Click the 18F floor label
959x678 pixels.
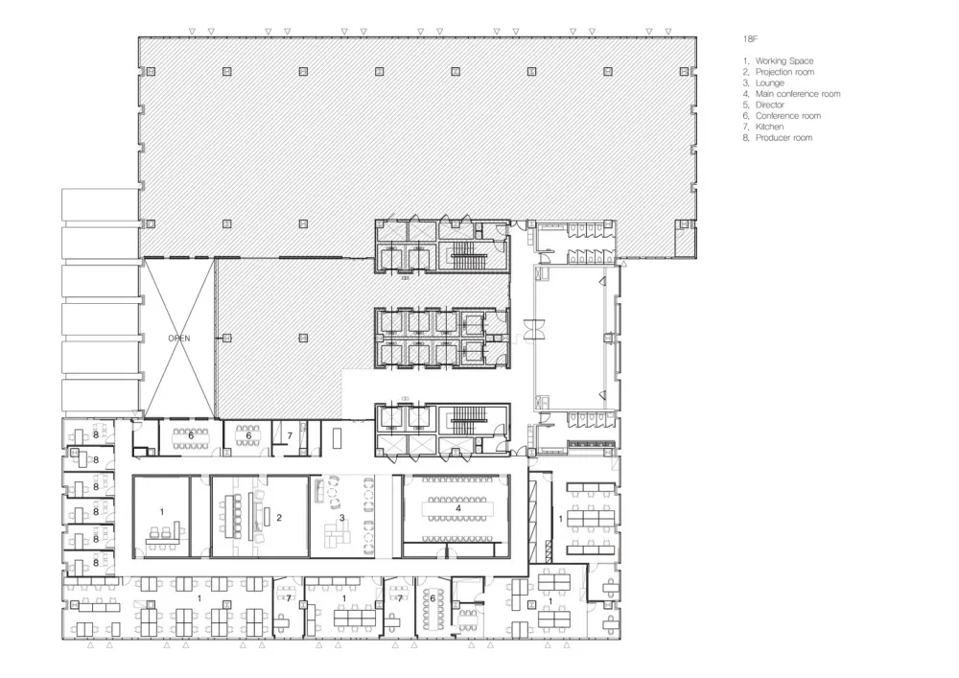750,39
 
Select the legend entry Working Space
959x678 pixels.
778,61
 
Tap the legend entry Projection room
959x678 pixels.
779,72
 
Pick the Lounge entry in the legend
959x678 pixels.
763,83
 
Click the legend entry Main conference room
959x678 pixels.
791,94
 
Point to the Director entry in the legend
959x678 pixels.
763,105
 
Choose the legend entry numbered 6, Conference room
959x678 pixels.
782,116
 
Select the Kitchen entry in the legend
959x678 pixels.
763,128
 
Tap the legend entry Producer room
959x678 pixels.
778,138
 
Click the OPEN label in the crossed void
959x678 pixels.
179,339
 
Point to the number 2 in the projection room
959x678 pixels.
279,518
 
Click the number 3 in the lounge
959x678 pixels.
342,518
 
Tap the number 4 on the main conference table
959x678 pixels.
458,508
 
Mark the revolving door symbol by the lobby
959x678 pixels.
534,330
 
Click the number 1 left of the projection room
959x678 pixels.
162,512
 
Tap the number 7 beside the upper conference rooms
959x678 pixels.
290,436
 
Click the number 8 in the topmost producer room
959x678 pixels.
96,434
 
